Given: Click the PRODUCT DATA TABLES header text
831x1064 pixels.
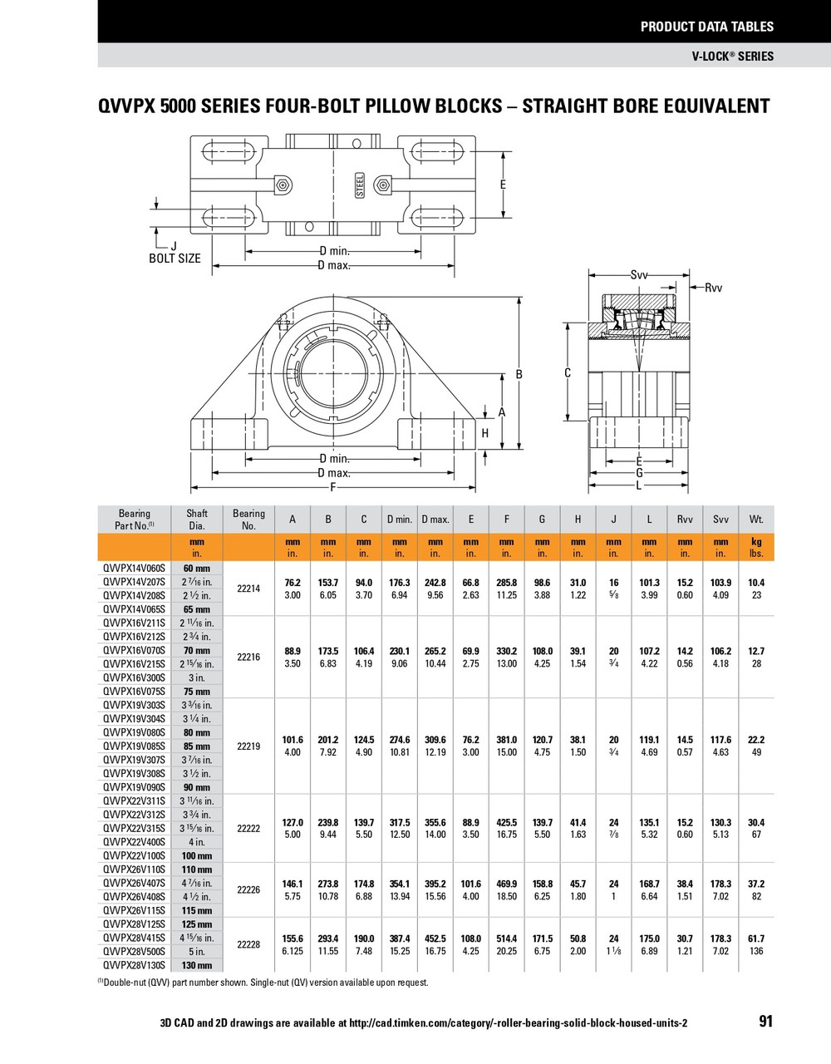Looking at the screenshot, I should tap(706, 27).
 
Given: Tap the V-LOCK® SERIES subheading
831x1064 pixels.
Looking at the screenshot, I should tap(732, 57).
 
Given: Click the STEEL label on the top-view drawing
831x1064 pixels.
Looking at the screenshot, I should tap(360, 185).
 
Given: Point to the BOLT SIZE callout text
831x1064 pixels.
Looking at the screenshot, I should tap(175, 259).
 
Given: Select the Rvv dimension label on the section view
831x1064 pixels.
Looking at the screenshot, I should tap(713, 288).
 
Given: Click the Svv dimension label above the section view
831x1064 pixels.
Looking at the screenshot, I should tap(639, 275).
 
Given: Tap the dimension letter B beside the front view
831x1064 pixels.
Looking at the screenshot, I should tap(519, 375).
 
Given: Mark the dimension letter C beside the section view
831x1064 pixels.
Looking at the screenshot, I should tap(568, 373).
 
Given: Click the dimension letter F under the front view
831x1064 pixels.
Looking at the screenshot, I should tap(333, 487).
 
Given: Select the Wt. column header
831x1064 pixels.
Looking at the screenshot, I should tap(755, 520).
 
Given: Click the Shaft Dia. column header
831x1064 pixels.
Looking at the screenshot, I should tap(197, 520).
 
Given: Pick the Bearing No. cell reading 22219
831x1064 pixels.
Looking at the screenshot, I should tap(248, 746).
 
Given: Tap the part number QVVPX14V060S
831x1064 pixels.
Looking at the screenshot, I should tap(134, 569).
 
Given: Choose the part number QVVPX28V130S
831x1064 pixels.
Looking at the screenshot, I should tap(134, 965).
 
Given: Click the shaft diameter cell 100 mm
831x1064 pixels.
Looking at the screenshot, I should tap(197, 855).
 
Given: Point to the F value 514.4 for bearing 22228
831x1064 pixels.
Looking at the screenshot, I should tap(506, 938).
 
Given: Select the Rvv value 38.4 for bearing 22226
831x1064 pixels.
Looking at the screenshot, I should tap(684, 884).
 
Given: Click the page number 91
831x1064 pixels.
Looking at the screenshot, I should tap(765, 1021).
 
